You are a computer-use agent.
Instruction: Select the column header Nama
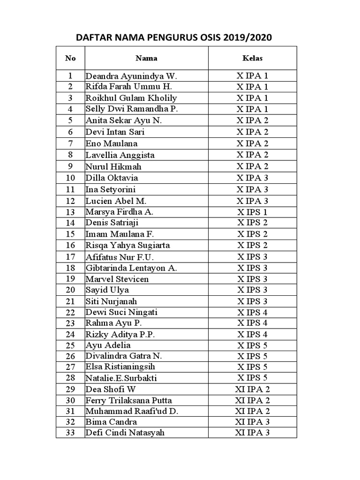(x=146, y=59)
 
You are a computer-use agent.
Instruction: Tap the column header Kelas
(x=253, y=59)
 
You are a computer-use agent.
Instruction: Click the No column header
(x=70, y=59)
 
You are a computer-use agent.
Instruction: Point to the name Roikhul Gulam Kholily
(x=131, y=98)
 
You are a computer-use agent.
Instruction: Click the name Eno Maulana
(x=112, y=143)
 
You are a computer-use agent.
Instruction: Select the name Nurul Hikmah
(x=113, y=166)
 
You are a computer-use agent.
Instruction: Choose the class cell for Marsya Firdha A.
(x=253, y=212)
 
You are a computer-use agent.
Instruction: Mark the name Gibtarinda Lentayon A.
(x=131, y=268)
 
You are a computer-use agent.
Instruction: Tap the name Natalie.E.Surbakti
(x=121, y=378)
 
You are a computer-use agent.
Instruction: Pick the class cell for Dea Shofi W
(x=253, y=389)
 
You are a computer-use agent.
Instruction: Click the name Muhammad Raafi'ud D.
(x=132, y=412)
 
